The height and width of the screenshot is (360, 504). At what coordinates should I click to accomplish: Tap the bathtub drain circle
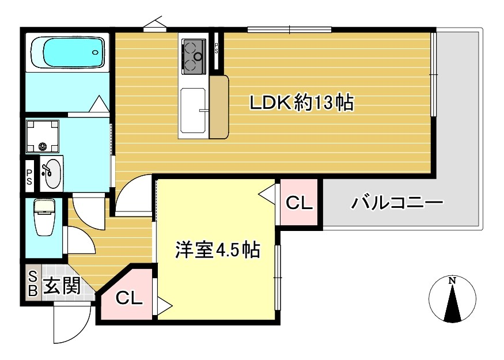click(96, 52)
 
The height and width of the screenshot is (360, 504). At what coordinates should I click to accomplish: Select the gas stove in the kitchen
click(194, 56)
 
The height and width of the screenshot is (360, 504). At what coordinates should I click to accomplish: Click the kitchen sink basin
click(193, 110)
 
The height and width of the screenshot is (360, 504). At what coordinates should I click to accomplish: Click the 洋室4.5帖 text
click(218, 249)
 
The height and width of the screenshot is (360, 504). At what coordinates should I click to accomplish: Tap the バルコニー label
click(397, 203)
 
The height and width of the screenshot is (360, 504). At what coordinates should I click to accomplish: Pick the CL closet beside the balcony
click(299, 202)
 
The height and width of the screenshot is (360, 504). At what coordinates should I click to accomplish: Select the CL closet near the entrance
click(128, 297)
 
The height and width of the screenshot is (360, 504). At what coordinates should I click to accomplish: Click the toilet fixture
click(44, 217)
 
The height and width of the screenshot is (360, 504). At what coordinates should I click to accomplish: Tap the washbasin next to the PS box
click(52, 173)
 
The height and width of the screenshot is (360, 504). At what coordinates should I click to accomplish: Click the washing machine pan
click(43, 137)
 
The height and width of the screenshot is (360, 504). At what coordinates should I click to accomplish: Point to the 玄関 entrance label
click(62, 286)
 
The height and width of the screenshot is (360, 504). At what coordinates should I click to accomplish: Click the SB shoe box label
click(33, 283)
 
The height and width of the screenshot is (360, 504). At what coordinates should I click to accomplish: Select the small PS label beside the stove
click(217, 49)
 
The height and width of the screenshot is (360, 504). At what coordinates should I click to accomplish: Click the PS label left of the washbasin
click(29, 177)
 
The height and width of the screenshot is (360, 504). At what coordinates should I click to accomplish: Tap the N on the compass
click(453, 281)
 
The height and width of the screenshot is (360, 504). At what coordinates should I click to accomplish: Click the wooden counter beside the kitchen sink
click(219, 107)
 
